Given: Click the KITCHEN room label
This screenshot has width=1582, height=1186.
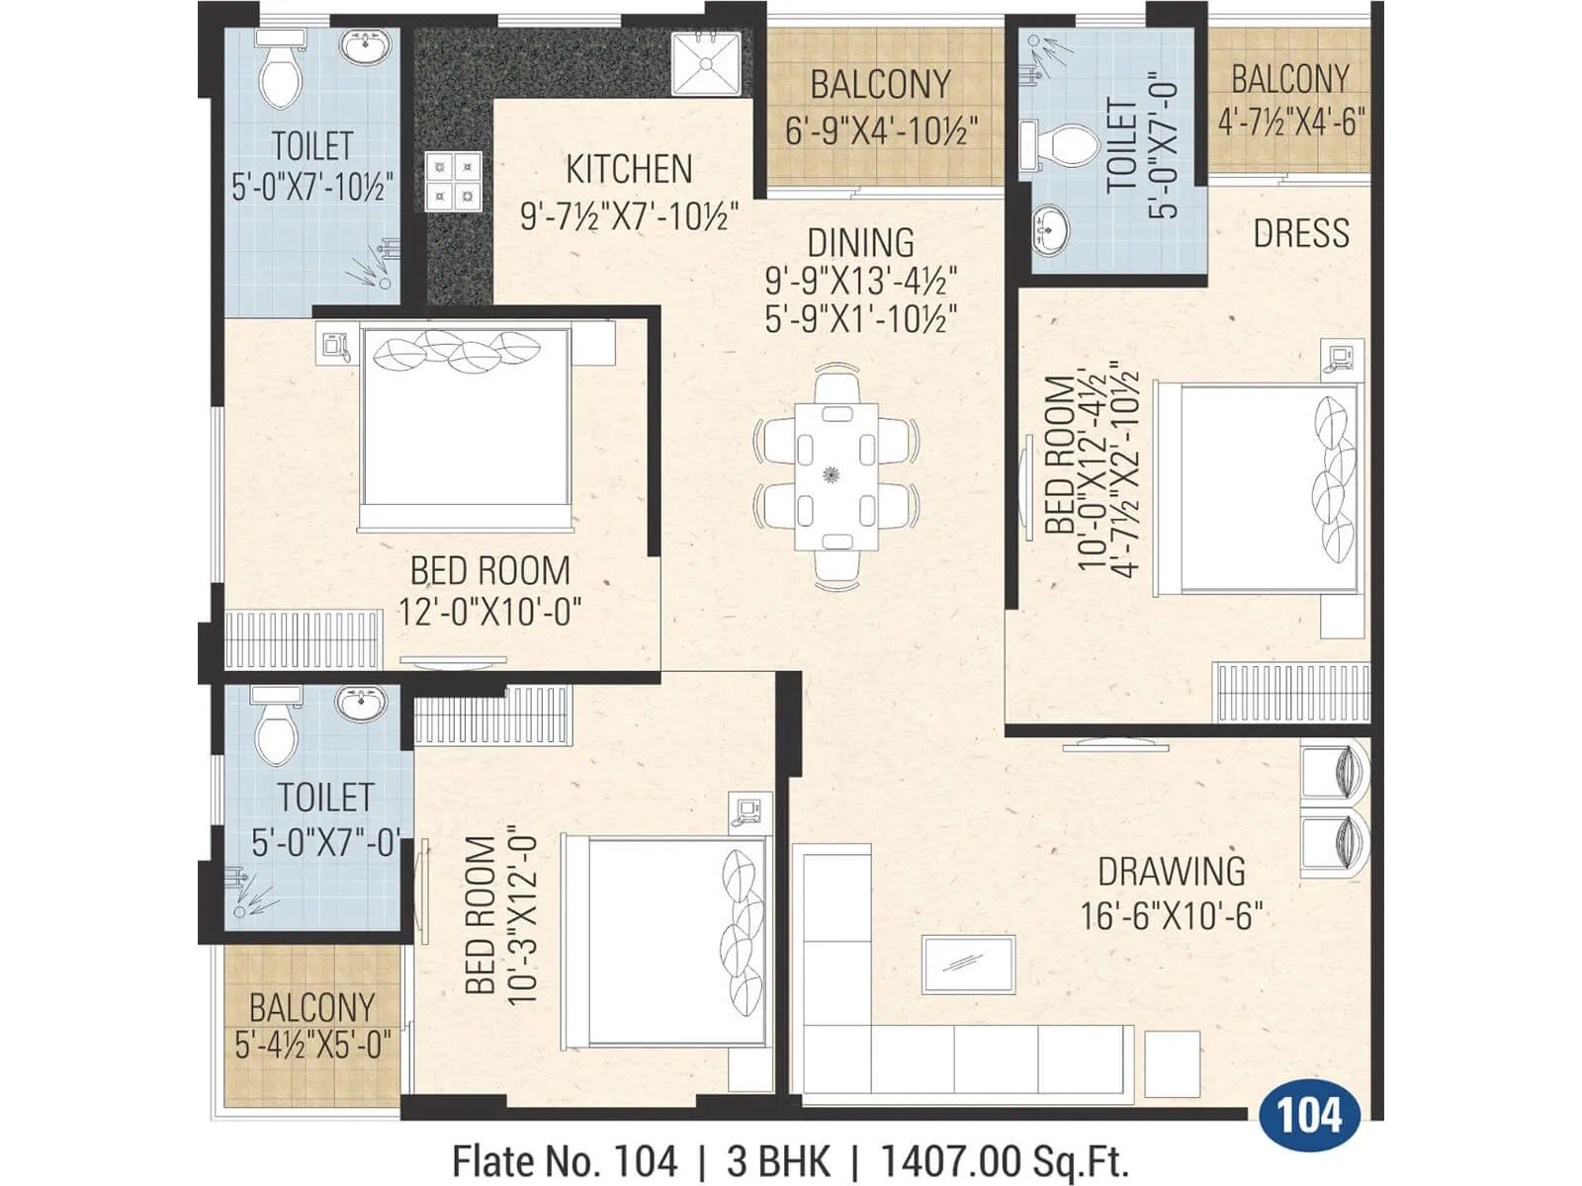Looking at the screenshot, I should click(x=629, y=169).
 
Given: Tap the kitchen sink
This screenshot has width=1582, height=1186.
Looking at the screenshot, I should click(x=706, y=63).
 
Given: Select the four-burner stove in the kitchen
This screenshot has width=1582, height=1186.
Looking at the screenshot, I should click(x=454, y=182).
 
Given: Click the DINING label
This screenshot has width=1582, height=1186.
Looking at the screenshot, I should click(x=860, y=243).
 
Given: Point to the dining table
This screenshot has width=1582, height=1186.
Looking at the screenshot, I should click(x=836, y=475).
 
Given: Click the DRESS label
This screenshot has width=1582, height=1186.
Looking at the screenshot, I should click(x=1300, y=233).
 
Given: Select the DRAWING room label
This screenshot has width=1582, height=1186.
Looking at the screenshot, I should click(x=1172, y=872).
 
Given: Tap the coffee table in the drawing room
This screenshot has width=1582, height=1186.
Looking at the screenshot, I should click(x=968, y=965).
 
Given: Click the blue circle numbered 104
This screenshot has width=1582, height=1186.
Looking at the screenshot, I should click(x=1309, y=1116).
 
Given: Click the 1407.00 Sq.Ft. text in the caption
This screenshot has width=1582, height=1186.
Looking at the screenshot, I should click(x=1004, y=1161).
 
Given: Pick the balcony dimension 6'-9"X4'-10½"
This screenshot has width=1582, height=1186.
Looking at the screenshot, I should click(x=881, y=130).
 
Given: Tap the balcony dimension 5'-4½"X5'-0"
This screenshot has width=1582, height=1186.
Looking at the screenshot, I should click(x=312, y=1045).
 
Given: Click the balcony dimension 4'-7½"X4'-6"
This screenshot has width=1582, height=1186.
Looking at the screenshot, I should click(x=1290, y=123).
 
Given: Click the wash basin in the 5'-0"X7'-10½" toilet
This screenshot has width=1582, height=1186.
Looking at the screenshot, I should click(x=365, y=46).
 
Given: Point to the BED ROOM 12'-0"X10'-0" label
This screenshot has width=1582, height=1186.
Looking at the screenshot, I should click(x=490, y=591).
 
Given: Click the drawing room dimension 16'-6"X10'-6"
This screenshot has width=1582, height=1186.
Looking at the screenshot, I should click(x=1171, y=916).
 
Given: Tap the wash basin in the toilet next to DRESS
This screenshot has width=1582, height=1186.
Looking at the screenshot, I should click(x=1050, y=230).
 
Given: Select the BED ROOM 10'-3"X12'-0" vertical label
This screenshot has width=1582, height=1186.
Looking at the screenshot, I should click(x=499, y=915).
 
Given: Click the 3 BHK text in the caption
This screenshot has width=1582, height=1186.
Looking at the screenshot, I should click(x=778, y=1161).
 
